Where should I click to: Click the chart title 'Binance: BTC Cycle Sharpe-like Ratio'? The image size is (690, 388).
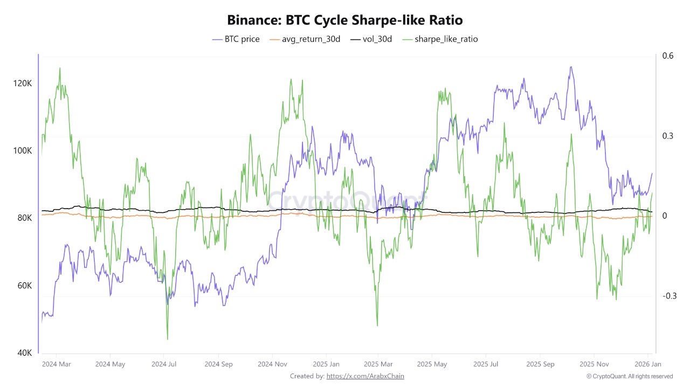pyautogui.click(x=345, y=20)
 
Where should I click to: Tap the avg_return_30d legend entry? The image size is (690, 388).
pyautogui.click(x=305, y=39)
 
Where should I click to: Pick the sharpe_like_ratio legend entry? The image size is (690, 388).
pyautogui.click(x=439, y=39)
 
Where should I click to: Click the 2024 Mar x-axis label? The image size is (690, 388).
pyautogui.click(x=57, y=364)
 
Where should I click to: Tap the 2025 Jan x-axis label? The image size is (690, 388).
pyautogui.click(x=326, y=364)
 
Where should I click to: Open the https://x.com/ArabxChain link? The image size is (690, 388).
pyautogui.click(x=365, y=376)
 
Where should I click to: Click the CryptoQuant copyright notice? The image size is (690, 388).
pyautogui.click(x=629, y=376)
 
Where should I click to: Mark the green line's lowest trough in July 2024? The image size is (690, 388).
pyautogui.click(x=167, y=339)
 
